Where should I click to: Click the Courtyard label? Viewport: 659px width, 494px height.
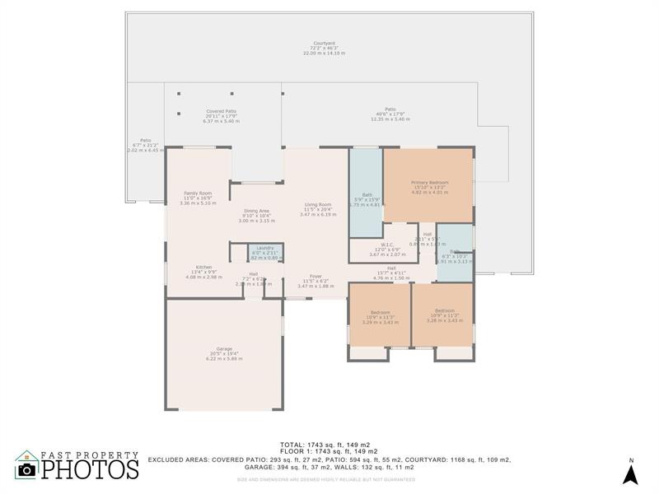(x=324, y=48)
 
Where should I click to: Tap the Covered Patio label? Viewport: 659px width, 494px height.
(x=221, y=114)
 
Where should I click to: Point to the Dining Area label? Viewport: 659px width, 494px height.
(x=255, y=216)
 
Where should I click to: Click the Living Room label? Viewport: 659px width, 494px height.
(x=317, y=209)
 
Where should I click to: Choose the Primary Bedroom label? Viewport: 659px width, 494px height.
(x=429, y=187)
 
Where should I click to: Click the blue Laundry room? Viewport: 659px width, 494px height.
(x=264, y=252)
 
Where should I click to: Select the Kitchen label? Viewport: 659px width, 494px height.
(x=203, y=272)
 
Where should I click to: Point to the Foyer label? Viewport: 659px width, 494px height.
(x=315, y=281)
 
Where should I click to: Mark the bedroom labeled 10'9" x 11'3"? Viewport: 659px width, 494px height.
(x=380, y=317)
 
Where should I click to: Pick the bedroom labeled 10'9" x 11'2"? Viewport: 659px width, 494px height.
(x=444, y=315)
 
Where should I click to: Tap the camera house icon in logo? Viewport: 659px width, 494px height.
(x=27, y=465)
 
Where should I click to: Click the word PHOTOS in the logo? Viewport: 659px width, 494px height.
(x=90, y=469)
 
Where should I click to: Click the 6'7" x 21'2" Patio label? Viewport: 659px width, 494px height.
(x=145, y=145)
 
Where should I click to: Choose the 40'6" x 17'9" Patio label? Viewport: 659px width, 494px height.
(x=390, y=114)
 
